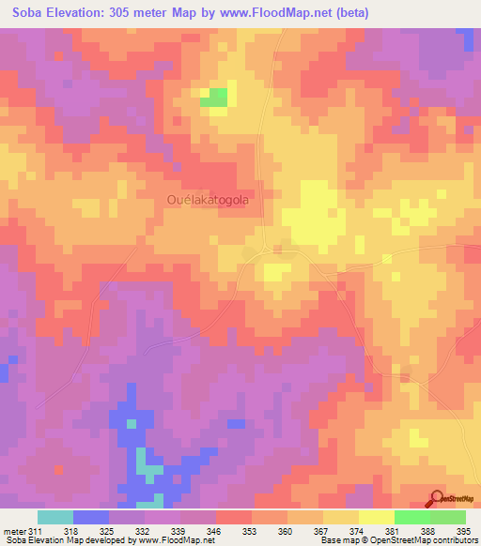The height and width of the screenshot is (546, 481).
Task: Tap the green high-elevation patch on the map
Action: tap(217, 96)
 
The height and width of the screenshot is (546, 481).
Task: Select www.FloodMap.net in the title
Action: tap(282, 13)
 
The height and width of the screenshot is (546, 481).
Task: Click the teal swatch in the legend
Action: tap(54, 517)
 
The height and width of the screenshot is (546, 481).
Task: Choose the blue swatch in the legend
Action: tap(90, 517)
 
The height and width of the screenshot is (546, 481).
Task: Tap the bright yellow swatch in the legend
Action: tap(376, 517)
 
